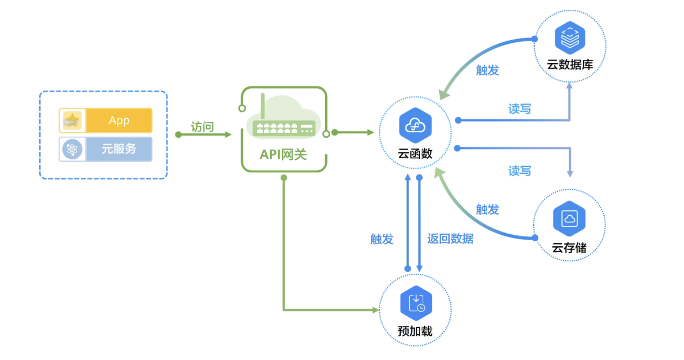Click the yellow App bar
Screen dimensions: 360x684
point(119,120)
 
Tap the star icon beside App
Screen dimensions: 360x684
point(72,120)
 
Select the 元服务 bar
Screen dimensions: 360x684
point(119,149)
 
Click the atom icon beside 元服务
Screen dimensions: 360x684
point(72,149)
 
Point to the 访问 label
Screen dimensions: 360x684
point(202,127)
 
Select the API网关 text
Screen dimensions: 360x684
point(283,155)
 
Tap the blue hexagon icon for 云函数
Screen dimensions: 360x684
point(415,125)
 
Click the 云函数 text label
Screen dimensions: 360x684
point(415,153)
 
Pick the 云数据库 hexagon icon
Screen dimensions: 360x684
point(570,37)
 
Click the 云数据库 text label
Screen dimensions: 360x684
point(570,65)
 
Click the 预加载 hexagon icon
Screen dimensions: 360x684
point(415,302)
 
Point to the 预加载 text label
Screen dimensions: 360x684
point(415,331)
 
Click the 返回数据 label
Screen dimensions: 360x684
point(450,239)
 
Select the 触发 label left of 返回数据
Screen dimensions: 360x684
point(382,239)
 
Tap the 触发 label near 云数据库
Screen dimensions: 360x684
point(487,70)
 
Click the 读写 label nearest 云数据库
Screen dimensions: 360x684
point(519,109)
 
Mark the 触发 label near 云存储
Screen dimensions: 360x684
point(487,210)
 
